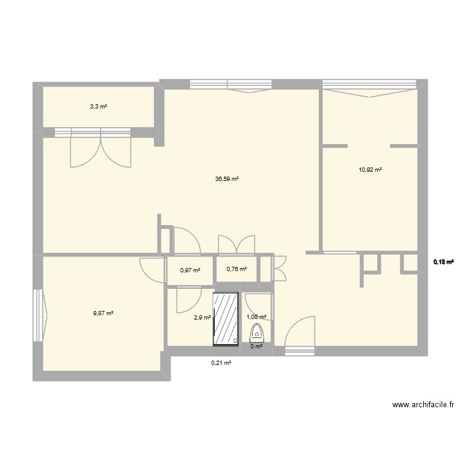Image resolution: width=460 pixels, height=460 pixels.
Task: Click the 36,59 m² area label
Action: tap(227, 179)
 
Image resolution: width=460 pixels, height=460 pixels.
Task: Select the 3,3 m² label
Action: tap(98, 106)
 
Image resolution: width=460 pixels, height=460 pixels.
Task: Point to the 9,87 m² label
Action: tap(104, 313)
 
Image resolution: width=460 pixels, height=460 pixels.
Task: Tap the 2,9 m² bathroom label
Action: tap(202, 317)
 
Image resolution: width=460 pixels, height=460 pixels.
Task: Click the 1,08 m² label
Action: tap(256, 317)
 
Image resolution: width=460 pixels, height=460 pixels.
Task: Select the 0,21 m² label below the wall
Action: tap(221, 363)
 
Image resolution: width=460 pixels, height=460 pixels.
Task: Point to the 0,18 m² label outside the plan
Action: tap(443, 262)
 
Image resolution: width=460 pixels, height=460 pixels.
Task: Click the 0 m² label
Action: tap(256, 347)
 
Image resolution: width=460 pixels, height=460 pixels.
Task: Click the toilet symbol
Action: tap(257, 333)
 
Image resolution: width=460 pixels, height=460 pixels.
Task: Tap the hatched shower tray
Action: tap(226, 319)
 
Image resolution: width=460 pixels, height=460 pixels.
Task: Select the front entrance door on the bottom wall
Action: tap(299, 336)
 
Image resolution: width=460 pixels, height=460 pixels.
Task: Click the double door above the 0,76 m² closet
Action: tap(236, 243)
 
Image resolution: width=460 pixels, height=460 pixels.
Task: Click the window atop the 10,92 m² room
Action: tap(369, 86)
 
